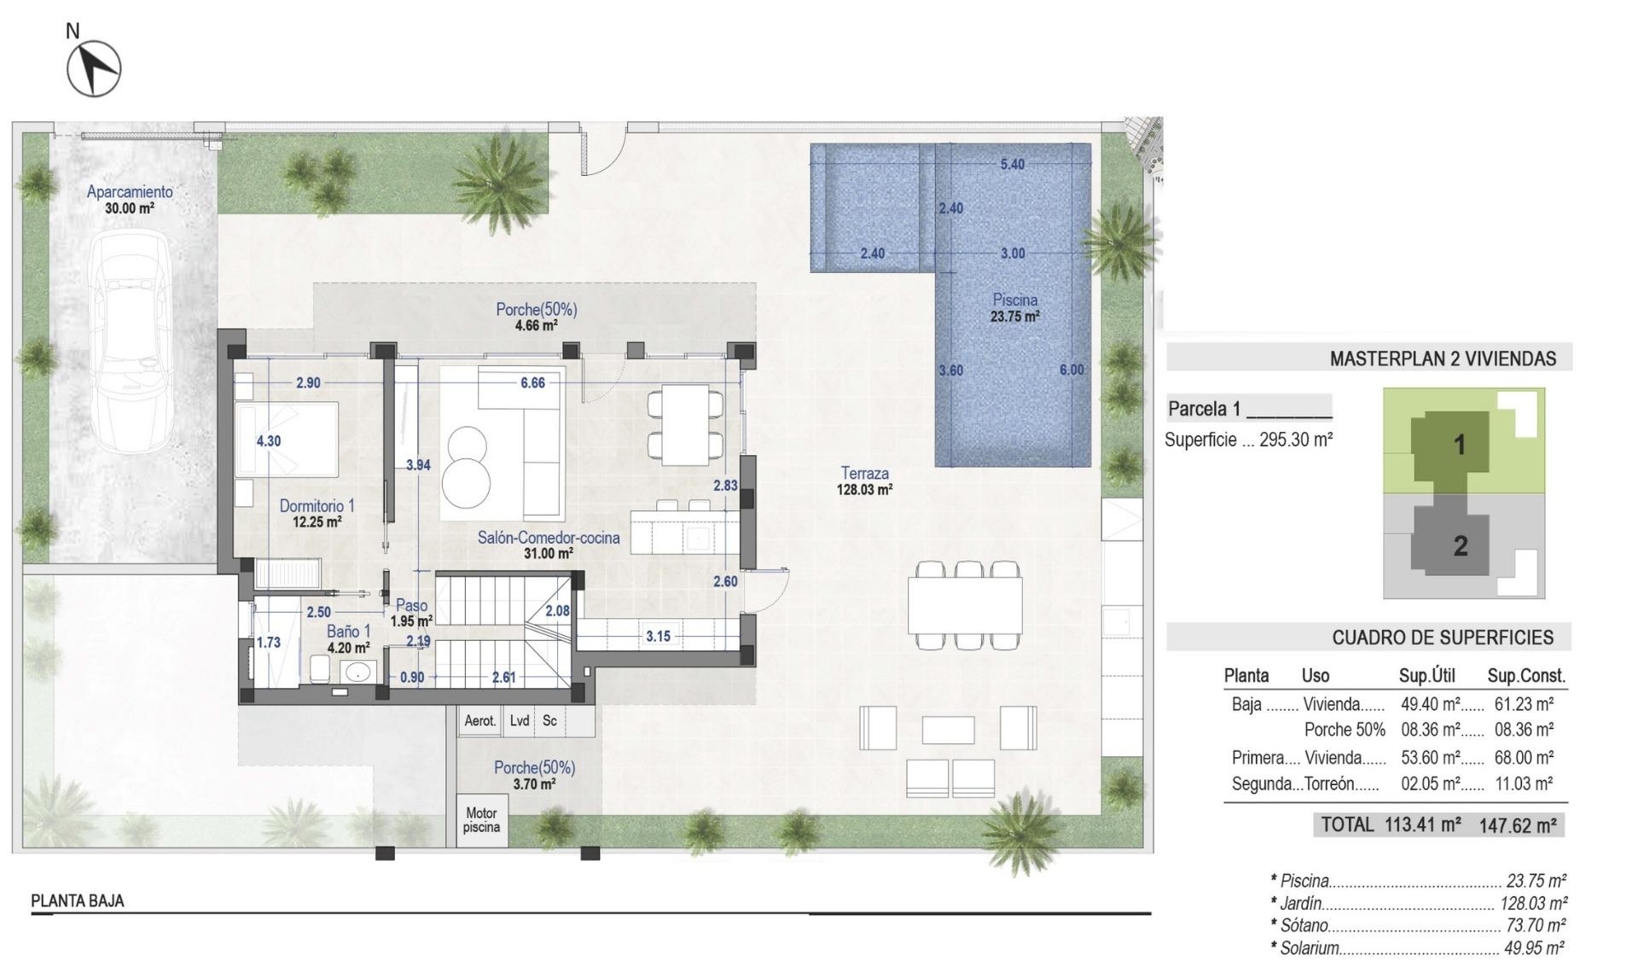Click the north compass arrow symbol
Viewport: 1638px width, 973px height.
(94, 68)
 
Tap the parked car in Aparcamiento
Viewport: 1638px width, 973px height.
(131, 341)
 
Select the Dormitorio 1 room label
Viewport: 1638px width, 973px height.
(317, 514)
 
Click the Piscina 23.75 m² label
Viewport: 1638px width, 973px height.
(1014, 308)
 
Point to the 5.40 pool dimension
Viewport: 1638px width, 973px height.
(1012, 164)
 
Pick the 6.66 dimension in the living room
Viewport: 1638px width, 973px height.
(532, 383)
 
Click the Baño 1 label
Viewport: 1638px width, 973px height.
(348, 638)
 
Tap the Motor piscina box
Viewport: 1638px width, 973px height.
(481, 820)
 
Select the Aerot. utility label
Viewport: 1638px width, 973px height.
(479, 721)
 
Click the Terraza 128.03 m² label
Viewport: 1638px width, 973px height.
(864, 481)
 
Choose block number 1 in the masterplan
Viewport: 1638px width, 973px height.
(1459, 445)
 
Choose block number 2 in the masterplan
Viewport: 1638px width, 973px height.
(1460, 545)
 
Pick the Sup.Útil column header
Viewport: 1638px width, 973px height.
(1426, 676)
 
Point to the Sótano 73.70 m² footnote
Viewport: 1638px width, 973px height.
(1417, 925)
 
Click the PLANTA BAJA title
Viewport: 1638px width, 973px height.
(78, 900)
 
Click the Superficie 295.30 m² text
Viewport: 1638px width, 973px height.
(1248, 440)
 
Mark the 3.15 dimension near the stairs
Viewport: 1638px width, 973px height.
(657, 636)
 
